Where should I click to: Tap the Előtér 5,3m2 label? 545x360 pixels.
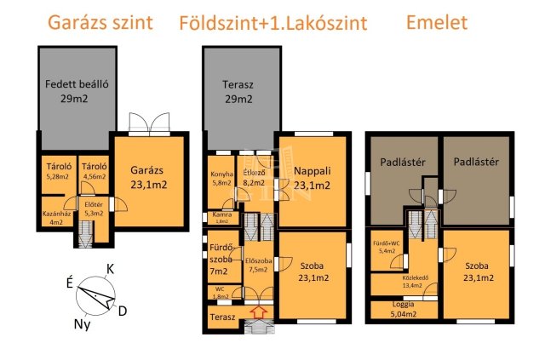coord(93,208)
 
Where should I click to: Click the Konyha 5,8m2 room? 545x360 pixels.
coord(221,178)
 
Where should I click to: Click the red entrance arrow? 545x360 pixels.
coord(260,314)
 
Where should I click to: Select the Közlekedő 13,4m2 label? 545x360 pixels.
coord(412,283)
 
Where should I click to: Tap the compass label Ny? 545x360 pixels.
coord(83,324)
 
